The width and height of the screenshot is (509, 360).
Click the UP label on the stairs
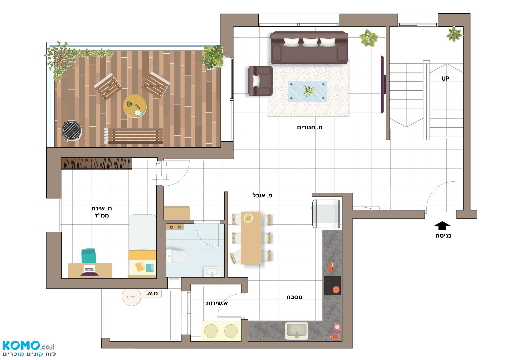point(445,79)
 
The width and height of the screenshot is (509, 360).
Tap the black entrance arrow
point(442,225)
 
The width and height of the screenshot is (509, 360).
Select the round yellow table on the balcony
point(135,106)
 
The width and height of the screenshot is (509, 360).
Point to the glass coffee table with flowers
point(307,91)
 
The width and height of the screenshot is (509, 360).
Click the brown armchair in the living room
point(260,81)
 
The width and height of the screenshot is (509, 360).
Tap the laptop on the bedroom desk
point(90,270)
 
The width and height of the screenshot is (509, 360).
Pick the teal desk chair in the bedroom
point(89,256)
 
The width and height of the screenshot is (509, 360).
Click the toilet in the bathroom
point(175,256)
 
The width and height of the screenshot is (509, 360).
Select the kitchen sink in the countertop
point(297,331)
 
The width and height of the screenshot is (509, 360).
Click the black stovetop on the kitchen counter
point(332,285)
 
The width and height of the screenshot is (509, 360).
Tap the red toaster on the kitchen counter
point(335,337)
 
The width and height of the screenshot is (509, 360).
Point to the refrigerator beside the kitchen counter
point(326,214)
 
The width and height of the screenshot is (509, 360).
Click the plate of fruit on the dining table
point(248,218)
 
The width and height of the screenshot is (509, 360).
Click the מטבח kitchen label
point(294,297)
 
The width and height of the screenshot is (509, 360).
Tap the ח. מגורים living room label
point(309,127)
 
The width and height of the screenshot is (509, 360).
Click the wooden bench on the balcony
point(134,136)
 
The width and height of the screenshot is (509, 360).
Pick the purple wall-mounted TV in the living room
point(383,84)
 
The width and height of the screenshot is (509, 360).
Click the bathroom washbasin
point(212,272)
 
